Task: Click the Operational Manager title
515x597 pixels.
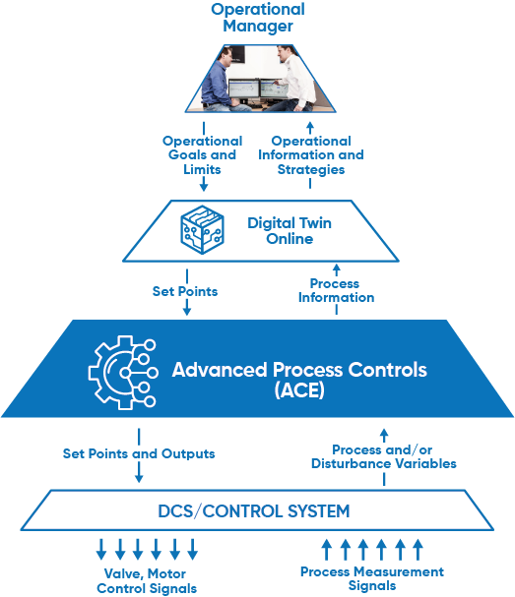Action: tap(258, 18)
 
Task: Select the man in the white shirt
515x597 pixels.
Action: tap(293, 80)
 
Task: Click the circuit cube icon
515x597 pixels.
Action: tap(202, 229)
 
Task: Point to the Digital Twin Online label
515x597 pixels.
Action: tap(290, 231)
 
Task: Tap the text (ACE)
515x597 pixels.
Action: tap(299, 389)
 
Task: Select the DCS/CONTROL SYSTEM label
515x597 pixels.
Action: tap(254, 511)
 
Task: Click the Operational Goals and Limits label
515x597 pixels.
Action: tap(203, 155)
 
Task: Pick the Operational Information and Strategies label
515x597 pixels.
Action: tap(311, 155)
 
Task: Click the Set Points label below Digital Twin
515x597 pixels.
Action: tap(185, 291)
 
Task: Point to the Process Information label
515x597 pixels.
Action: tap(336, 290)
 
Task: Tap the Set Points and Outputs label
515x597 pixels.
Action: tap(139, 453)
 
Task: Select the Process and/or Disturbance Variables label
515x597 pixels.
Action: tap(384, 456)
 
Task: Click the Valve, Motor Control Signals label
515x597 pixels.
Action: tap(147, 581)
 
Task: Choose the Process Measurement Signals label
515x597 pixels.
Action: tap(372, 578)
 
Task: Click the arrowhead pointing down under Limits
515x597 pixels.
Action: tap(204, 187)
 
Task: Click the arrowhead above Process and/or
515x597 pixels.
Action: tap(384, 433)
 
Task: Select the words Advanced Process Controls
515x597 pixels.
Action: tap(299, 370)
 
